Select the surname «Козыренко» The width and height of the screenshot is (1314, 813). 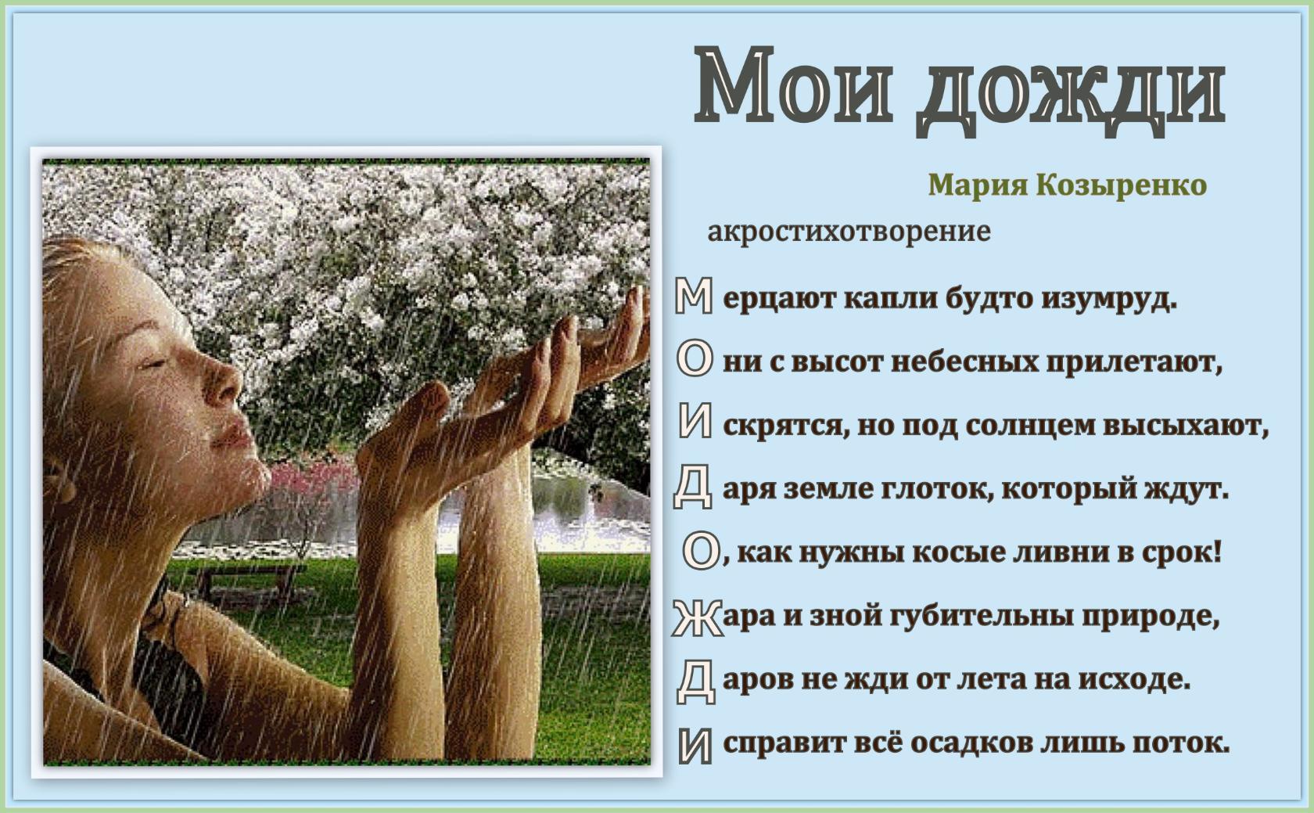[x=1121, y=185]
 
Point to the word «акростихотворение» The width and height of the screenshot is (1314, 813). [x=849, y=232]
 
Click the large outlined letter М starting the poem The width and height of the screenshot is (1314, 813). [x=694, y=296]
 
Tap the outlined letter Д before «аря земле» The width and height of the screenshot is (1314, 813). [x=693, y=487]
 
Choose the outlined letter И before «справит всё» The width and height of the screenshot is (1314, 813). [x=695, y=746]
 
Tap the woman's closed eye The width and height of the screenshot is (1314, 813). [x=153, y=364]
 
